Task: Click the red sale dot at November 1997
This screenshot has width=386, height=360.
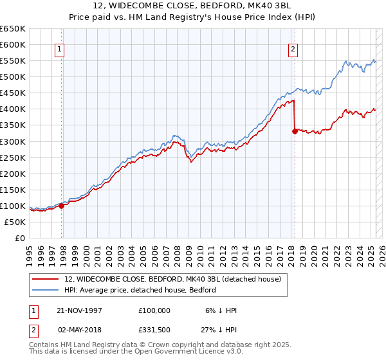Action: [62, 206]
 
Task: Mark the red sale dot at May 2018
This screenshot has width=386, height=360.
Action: [295, 131]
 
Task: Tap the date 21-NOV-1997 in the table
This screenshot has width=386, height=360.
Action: [80, 310]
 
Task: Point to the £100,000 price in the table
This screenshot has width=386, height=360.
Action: [154, 310]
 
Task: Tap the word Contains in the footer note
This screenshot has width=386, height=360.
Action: [45, 346]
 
